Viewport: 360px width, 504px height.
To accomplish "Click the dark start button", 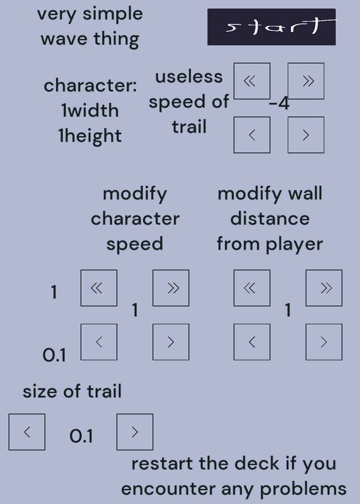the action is tap(272, 27).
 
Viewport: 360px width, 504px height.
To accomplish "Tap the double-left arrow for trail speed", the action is tap(252, 81).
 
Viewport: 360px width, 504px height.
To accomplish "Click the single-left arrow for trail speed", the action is tap(252, 135).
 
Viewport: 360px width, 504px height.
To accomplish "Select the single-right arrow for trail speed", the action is tap(306, 135).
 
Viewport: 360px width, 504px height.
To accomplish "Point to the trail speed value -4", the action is tap(279, 104).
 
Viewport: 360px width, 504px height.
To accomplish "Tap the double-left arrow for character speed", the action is tap(99, 288).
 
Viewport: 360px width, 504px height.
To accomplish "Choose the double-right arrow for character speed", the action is tap(171, 288).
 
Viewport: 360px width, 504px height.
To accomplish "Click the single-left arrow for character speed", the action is tap(99, 342).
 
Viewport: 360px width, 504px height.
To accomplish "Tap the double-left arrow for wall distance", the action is tap(252, 288).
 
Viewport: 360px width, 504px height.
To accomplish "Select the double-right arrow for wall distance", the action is tap(324, 288).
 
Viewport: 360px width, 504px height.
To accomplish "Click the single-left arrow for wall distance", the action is tap(252, 342).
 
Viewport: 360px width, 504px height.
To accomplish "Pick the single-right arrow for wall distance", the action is tap(324, 342).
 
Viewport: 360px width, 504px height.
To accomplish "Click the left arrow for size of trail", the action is tap(26, 432).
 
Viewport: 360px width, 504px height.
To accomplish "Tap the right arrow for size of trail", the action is tap(135, 432).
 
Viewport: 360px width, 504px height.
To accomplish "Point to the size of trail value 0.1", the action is tap(81, 436).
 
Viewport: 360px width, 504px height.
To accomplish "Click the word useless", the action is tap(189, 77).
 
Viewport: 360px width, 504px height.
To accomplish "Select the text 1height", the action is tap(90, 136).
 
